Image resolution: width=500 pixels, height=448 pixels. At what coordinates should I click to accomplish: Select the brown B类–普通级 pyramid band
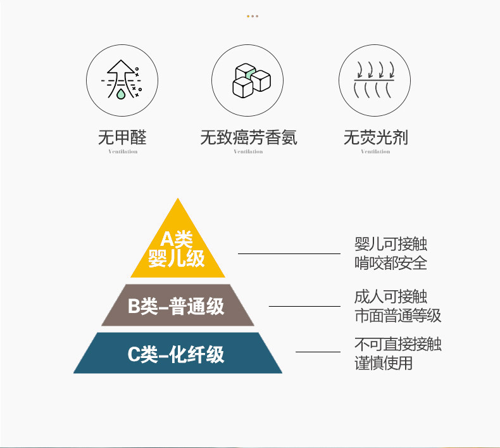coord(177,306)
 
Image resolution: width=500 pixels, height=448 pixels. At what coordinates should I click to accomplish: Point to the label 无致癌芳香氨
coord(248,137)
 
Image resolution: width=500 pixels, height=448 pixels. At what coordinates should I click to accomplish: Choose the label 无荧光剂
coord(376,137)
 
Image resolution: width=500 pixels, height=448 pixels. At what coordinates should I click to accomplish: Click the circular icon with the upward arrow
coord(122,79)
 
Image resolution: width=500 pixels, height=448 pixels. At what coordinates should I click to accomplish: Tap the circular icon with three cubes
coord(248,79)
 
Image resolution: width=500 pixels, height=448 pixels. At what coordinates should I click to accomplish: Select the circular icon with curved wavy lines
coord(376,79)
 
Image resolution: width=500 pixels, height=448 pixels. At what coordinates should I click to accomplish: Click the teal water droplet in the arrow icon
coord(120,94)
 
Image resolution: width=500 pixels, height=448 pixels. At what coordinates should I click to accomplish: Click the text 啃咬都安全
coord(391,263)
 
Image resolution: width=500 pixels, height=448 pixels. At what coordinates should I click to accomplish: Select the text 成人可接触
coord(391,297)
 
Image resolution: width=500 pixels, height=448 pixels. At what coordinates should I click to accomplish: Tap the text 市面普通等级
coord(397,315)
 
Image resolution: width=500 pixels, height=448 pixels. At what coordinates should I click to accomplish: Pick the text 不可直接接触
coord(397,345)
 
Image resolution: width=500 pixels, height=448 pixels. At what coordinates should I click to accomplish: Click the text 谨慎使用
coord(383,363)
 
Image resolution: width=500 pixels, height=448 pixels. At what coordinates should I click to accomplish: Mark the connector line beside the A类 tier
coord(289,253)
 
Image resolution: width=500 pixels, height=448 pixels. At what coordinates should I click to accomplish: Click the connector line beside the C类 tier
coord(318,352)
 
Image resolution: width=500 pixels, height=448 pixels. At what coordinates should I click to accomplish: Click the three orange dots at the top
coord(252,16)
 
